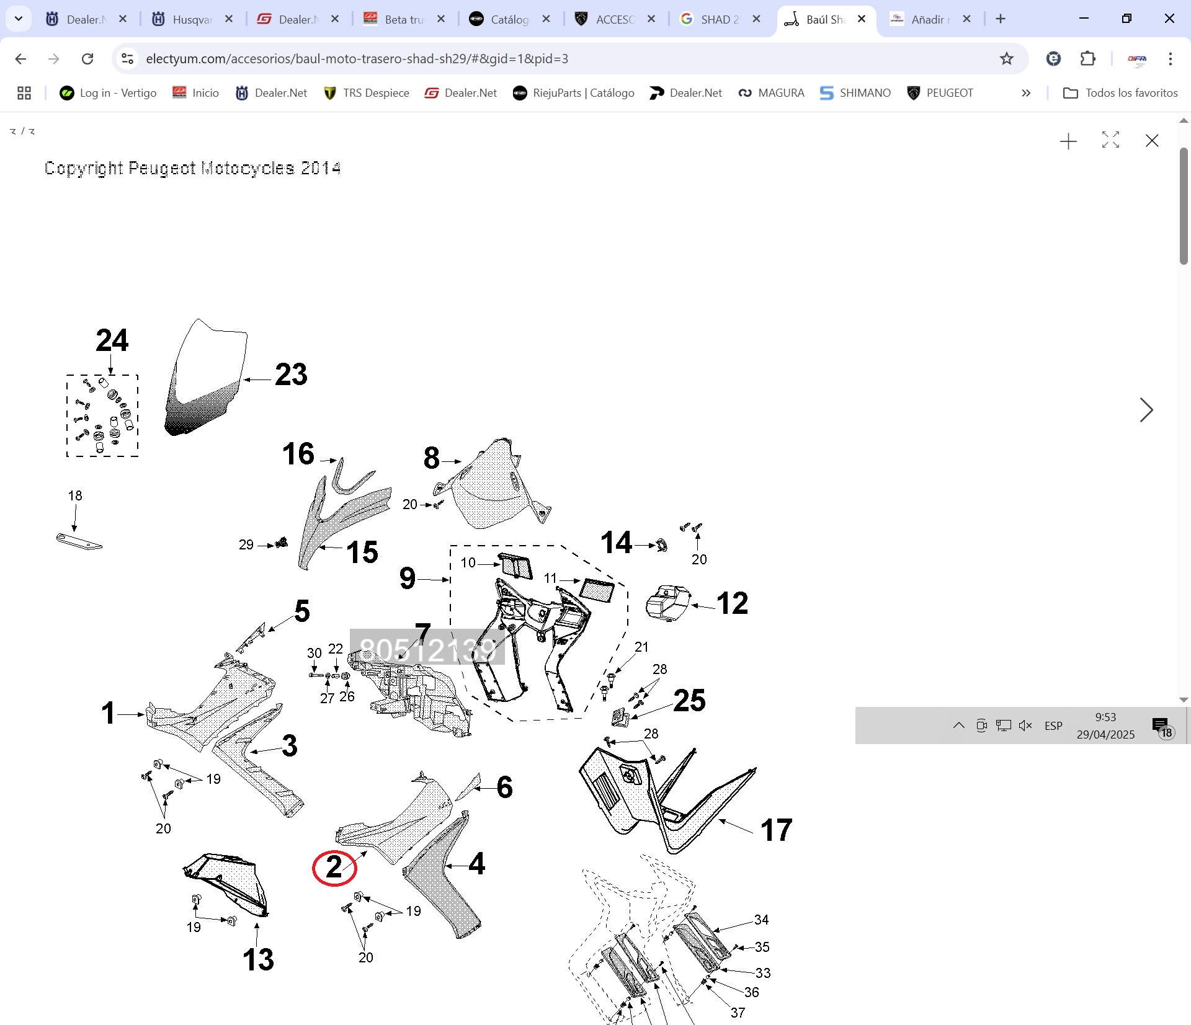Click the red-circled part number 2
point(334,867)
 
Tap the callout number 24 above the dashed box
point(112,340)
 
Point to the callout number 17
point(776,830)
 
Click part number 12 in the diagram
point(732,603)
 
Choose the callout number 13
point(258,960)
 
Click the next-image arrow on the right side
point(1146,410)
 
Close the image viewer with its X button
point(1152,141)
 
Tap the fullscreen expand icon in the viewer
point(1110,140)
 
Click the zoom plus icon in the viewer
point(1068,141)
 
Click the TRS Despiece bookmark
point(367,93)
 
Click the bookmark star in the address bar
point(1006,59)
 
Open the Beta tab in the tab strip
point(396,19)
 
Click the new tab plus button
point(1001,19)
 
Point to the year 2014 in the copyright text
point(320,168)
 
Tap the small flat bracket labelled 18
point(79,541)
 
